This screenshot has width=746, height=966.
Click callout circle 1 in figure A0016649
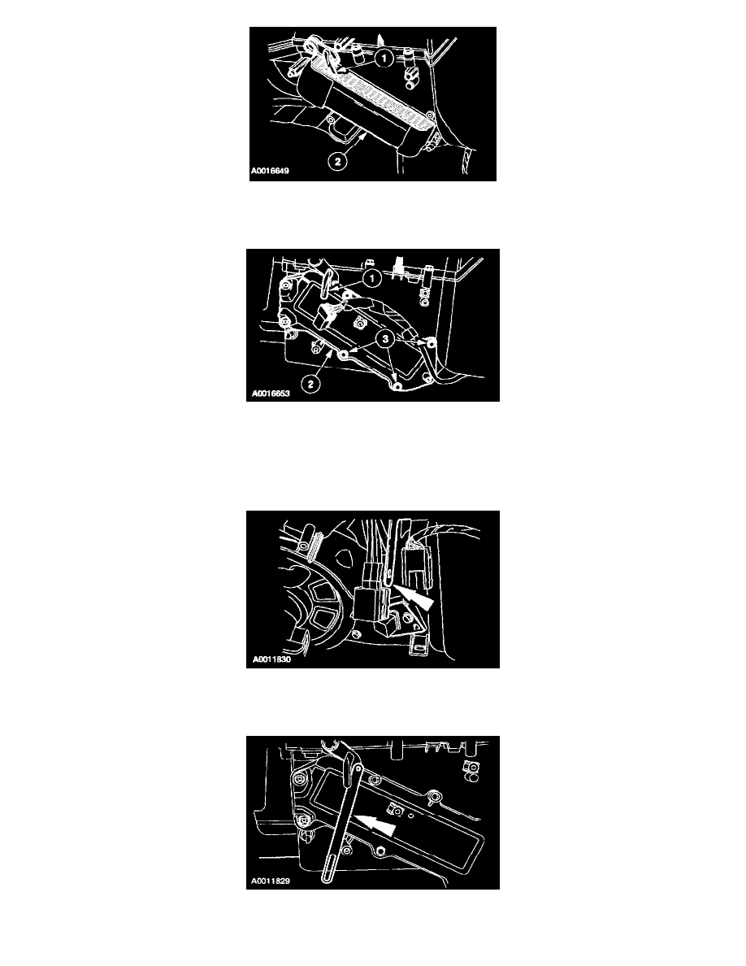384,58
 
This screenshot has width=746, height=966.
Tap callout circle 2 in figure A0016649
336,162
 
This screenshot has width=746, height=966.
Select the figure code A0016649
270,171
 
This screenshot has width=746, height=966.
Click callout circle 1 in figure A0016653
371,278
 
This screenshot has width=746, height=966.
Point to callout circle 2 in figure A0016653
311,384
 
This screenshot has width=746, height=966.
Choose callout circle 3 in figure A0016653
385,338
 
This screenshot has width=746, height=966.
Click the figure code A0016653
271,393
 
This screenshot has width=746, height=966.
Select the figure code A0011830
271,659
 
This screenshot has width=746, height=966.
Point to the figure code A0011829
271,881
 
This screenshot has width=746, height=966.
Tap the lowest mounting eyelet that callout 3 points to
397,385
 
